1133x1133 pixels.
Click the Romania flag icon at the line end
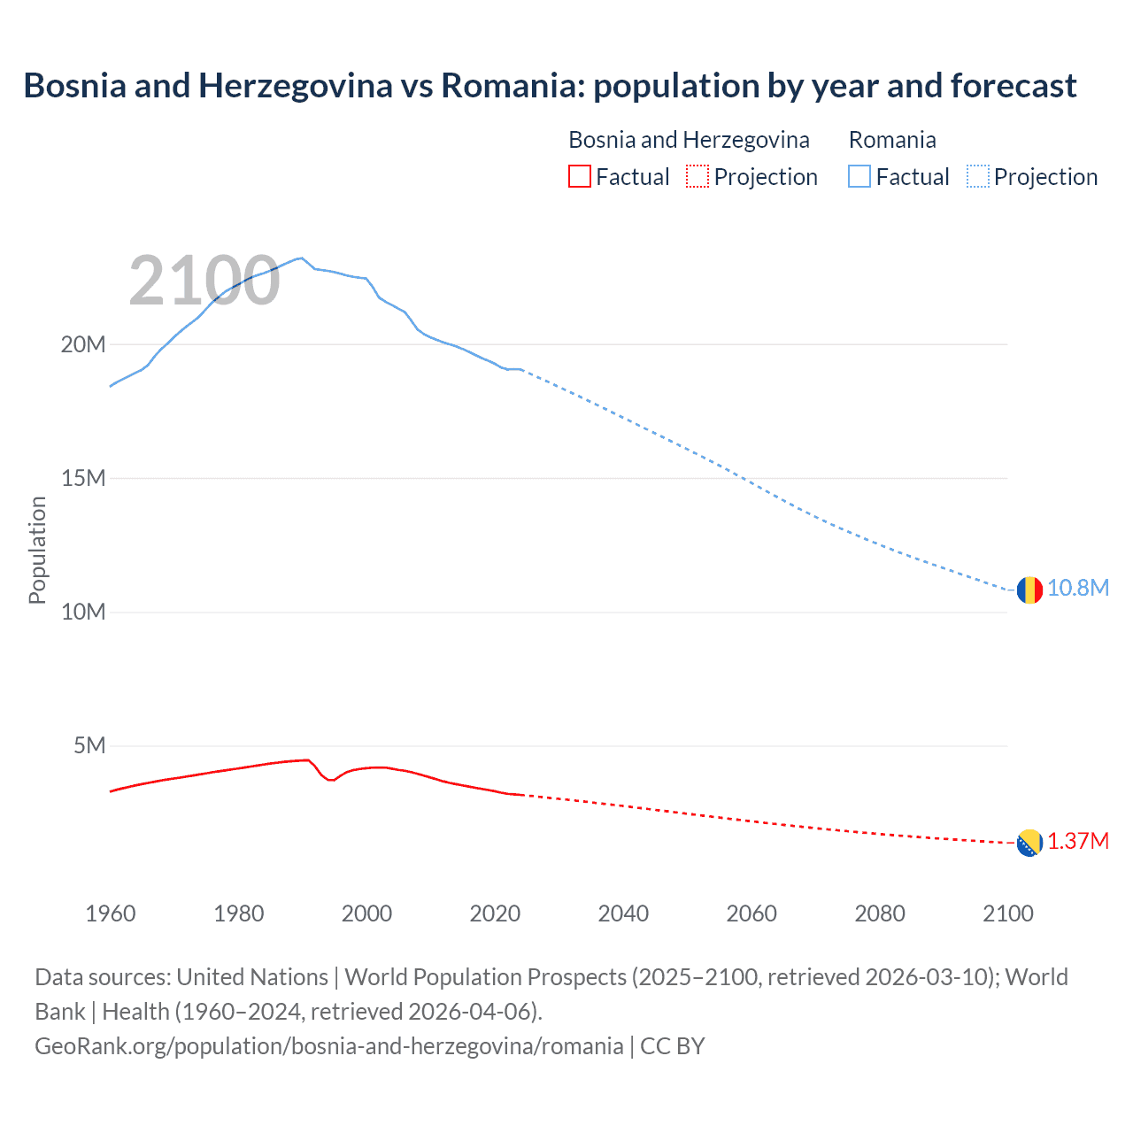[x=1029, y=590]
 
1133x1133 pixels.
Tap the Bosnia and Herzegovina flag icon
[x=1029, y=844]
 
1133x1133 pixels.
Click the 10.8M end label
[x=1078, y=589]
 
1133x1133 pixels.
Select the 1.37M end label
[x=1078, y=842]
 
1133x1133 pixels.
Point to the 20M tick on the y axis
[x=83, y=344]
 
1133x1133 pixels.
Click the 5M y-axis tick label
[x=89, y=745]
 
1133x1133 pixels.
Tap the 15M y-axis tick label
[x=83, y=478]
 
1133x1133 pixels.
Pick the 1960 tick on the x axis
[x=111, y=913]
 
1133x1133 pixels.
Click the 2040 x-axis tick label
[x=623, y=913]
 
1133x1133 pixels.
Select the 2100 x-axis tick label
[x=1007, y=913]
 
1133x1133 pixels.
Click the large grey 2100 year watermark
[x=204, y=281]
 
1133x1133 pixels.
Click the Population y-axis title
[x=37, y=550]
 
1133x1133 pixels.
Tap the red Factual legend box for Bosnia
[x=579, y=176]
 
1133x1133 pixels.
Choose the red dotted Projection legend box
[x=698, y=176]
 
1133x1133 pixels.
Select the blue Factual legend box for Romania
[x=859, y=176]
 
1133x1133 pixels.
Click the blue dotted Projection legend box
[x=978, y=176]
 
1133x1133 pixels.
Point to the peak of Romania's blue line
[x=301, y=258]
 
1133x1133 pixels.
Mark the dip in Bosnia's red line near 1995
[x=331, y=780]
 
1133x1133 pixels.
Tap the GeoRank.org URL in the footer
[x=329, y=1046]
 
